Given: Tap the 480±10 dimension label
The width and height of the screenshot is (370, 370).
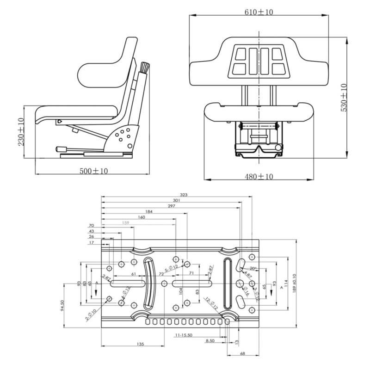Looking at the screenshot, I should pyautogui.click(x=259, y=176).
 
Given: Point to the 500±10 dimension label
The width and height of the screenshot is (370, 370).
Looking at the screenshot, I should pyautogui.click(x=94, y=171).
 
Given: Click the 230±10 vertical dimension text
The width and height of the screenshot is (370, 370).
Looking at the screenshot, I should pyautogui.click(x=21, y=132).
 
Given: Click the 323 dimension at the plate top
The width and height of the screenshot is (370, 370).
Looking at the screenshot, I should pyautogui.click(x=184, y=195).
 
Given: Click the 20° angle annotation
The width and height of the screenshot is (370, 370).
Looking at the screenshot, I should pyautogui.click(x=253, y=268).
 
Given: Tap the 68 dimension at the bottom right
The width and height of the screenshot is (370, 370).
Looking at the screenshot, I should pyautogui.click(x=242, y=354).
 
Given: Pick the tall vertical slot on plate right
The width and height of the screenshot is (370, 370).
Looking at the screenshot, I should pyautogui.click(x=227, y=282).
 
